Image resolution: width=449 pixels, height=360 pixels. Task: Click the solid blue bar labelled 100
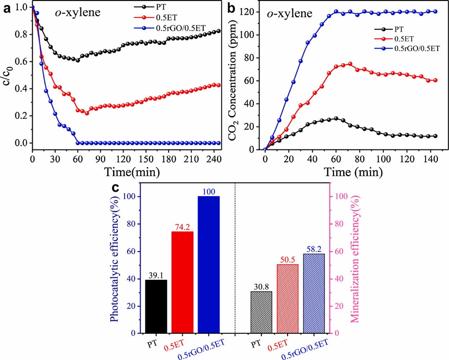point(209,264)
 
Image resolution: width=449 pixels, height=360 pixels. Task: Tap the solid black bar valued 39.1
point(156,306)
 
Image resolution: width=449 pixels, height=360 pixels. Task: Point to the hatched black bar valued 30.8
point(261,312)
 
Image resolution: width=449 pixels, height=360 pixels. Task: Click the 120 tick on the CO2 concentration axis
point(254,12)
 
